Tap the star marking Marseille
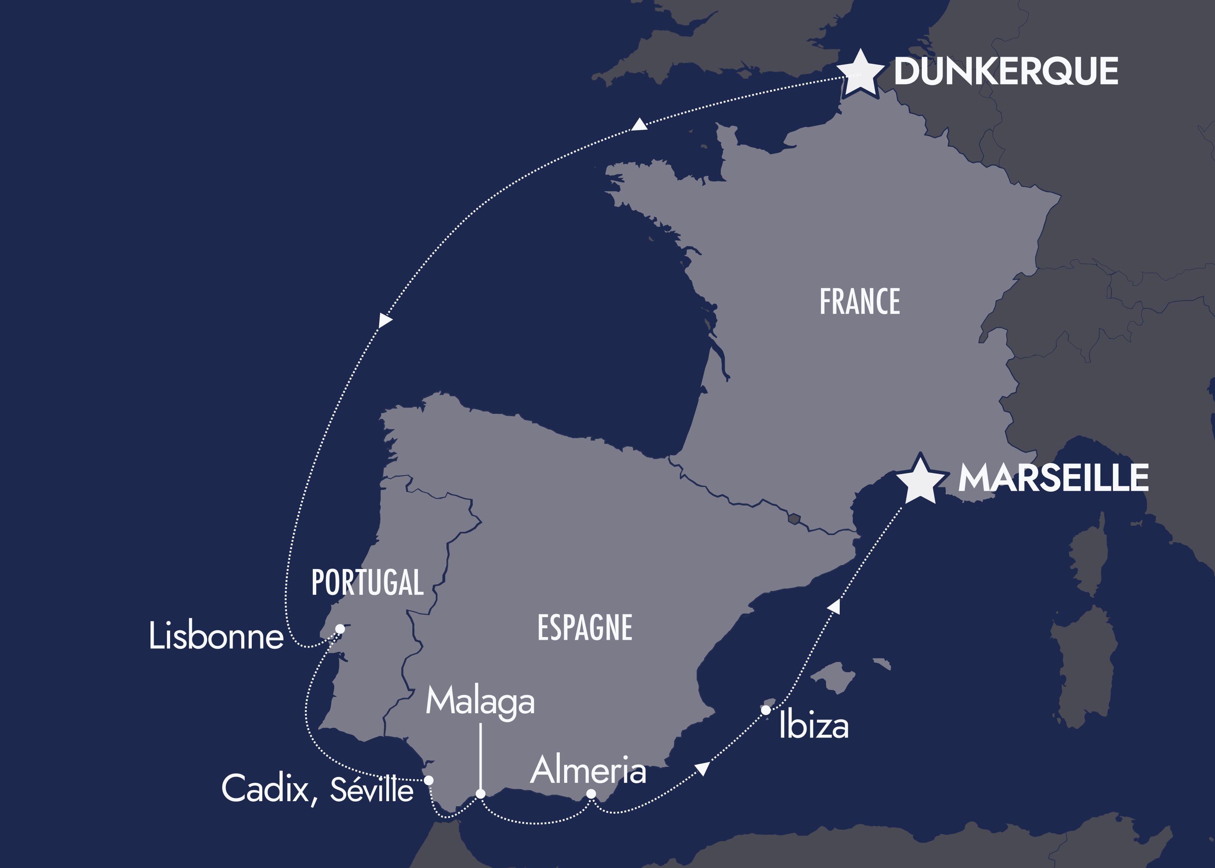pos(920,480)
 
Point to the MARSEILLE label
pos(1053,477)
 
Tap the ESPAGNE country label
pos(585,628)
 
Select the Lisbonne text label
pos(216,636)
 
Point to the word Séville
pos(371,789)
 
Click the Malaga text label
pos(480,701)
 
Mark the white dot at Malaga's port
pos(480,794)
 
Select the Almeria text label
pos(588,770)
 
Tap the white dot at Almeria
pos(591,794)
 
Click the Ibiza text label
pos(814,726)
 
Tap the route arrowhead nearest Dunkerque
pos(639,125)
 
